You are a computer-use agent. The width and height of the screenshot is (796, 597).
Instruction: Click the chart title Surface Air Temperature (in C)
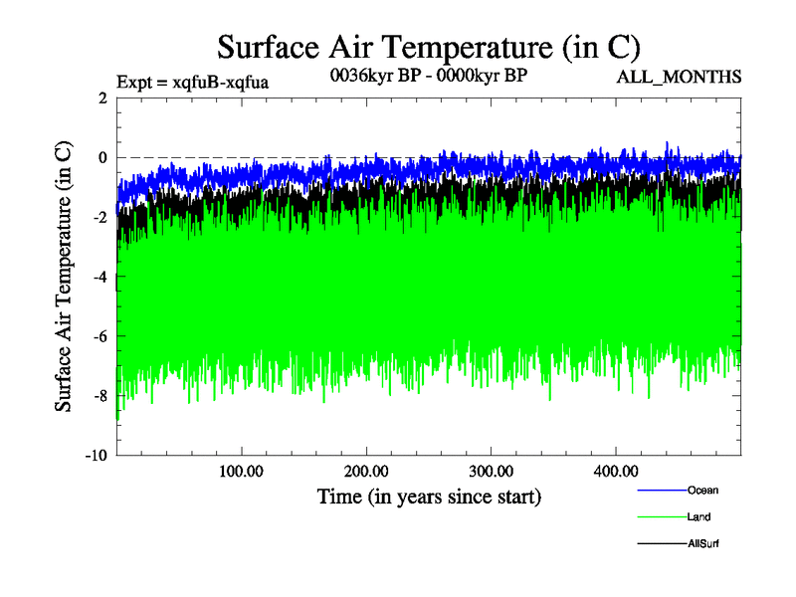428,47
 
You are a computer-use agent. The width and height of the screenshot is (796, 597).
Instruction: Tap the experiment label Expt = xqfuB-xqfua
193,82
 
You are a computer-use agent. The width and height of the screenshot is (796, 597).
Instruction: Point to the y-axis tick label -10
97,456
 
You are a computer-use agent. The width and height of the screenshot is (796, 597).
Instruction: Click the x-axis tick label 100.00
241,471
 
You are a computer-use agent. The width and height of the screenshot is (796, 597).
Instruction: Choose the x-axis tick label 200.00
366,471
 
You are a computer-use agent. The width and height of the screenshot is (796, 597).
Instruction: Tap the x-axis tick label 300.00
491,471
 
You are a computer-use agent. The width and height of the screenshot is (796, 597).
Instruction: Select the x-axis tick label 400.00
616,471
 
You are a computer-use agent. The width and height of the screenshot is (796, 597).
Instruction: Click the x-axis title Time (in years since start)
429,496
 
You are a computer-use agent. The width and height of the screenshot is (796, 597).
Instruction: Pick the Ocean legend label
702,490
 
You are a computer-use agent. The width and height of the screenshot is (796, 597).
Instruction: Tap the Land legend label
698,517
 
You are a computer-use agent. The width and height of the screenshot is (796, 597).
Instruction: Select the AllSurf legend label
702,544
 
